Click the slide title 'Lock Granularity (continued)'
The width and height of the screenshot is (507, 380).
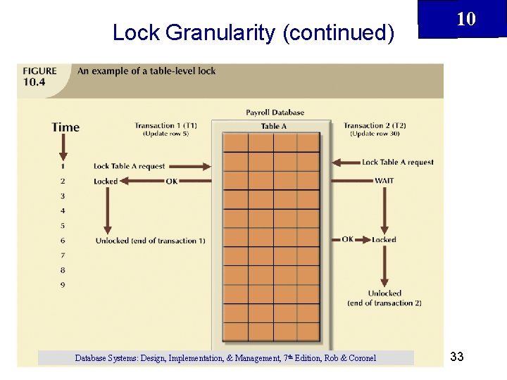click(x=253, y=32)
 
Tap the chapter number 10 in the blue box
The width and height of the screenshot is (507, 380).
click(x=466, y=18)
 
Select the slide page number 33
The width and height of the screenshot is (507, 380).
click(x=456, y=357)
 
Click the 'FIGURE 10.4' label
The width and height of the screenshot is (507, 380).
click(x=40, y=76)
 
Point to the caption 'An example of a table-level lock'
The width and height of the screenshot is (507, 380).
click(x=146, y=71)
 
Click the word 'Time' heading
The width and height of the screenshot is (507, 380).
click(x=65, y=127)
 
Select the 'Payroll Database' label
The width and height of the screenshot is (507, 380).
click(x=275, y=112)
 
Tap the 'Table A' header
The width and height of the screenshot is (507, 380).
click(x=274, y=126)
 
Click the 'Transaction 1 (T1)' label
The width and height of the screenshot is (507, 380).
click(x=165, y=126)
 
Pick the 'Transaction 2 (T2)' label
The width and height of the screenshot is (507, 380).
click(x=375, y=126)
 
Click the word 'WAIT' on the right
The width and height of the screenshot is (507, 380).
click(x=384, y=181)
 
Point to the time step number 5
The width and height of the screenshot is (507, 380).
click(x=63, y=226)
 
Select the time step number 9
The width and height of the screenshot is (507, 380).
click(x=63, y=285)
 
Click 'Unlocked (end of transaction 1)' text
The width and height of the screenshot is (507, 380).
click(x=151, y=241)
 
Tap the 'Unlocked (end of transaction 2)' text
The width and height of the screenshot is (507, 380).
click(x=384, y=298)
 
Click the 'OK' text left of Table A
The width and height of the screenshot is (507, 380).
click(x=172, y=181)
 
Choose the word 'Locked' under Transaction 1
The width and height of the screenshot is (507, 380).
click(x=106, y=181)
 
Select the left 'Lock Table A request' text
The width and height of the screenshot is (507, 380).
click(x=129, y=166)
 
